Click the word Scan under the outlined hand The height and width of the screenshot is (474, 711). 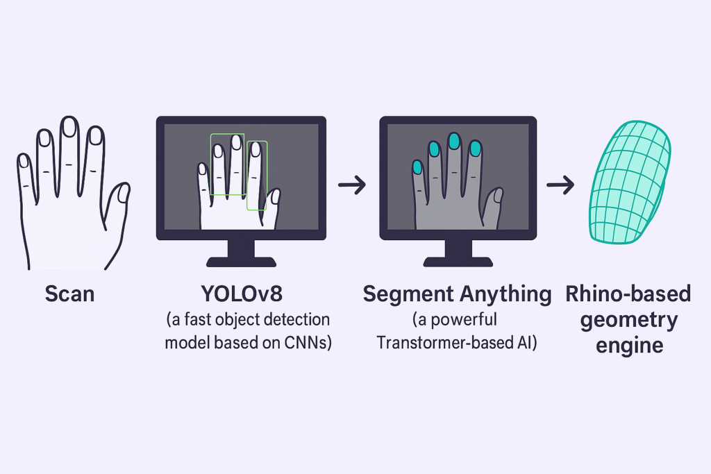(69, 294)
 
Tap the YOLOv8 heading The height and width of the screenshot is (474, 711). (241, 294)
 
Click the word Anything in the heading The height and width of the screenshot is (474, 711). (502, 294)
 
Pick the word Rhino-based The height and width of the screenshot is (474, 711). (628, 294)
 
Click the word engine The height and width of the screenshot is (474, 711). (628, 345)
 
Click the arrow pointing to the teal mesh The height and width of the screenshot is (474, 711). (560, 185)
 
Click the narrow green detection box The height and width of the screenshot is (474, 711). (257, 175)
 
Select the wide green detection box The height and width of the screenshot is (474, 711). (228, 164)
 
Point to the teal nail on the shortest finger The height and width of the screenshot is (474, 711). (418, 167)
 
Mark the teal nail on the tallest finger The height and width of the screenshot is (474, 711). (455, 142)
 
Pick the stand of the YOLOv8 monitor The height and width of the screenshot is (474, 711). (241, 253)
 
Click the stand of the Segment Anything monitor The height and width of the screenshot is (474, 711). (458, 253)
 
